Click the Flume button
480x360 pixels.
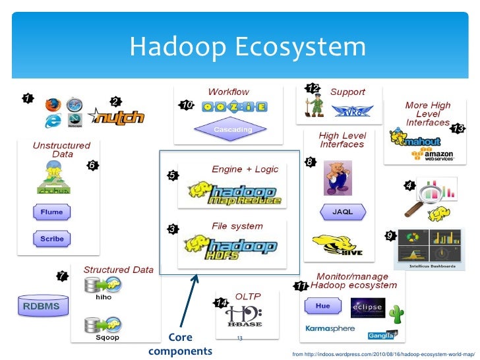[x=51, y=213]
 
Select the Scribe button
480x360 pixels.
[x=51, y=239]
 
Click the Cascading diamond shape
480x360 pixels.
[x=233, y=130]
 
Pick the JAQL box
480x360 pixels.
[x=341, y=212]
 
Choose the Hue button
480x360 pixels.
[x=322, y=307]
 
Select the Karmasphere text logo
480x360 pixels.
[x=330, y=328]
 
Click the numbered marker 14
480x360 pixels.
[x=221, y=303]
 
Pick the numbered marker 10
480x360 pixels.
[x=187, y=105]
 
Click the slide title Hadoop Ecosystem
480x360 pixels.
[x=247, y=47]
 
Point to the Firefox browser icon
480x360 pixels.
[x=52, y=104]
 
